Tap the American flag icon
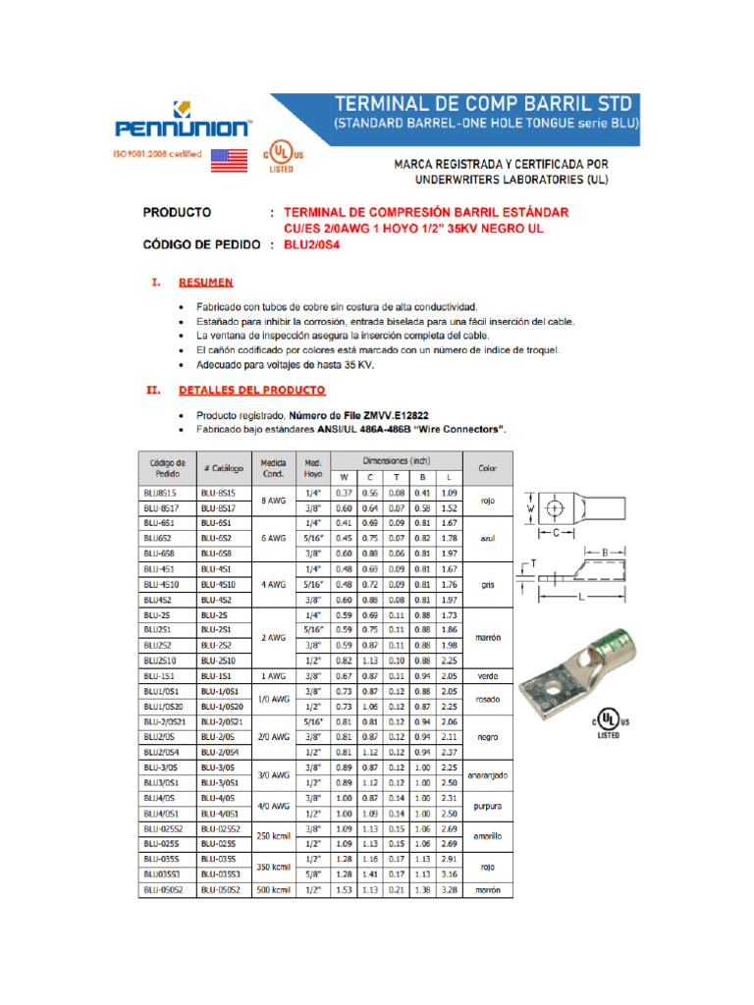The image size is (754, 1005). point(229,160)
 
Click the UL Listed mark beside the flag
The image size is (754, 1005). point(282,157)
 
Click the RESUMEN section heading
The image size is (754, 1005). point(205,283)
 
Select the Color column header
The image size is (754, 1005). point(488,468)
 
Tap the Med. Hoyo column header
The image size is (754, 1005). point(313,468)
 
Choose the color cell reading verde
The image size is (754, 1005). point(488,676)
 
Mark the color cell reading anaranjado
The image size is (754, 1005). point(488,775)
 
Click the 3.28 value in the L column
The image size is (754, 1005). point(450,890)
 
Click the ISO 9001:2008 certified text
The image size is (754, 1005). point(159,154)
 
